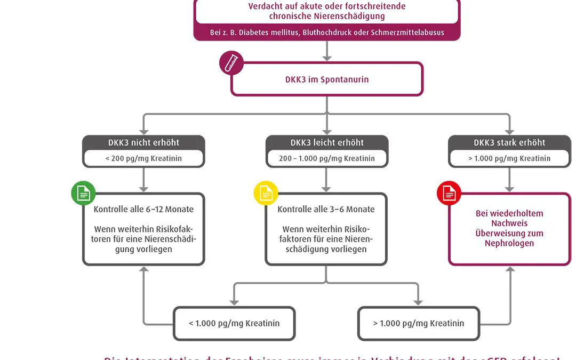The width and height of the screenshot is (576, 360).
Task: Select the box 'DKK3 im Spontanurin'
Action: [326, 79]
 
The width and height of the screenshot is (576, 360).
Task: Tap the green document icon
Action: [83, 193]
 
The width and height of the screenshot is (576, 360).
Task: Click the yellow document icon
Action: [266, 193]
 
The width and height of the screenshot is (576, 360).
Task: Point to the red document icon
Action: [449, 193]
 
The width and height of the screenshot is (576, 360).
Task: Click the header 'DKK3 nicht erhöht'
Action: [143, 142]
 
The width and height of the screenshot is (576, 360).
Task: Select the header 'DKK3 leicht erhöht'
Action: [326, 142]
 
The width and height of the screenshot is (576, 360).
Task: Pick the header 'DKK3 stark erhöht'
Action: [509, 142]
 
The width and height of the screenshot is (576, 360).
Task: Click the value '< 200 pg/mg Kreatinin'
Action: [143, 158]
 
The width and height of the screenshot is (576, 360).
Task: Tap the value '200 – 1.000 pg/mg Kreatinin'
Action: [326, 158]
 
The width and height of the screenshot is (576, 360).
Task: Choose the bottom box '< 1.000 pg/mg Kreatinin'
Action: [234, 323]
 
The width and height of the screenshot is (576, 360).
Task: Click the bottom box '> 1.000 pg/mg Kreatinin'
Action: [419, 323]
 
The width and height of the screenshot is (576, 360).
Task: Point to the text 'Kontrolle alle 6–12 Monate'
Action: [143, 209]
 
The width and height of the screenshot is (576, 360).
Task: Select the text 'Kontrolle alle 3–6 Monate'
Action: [326, 209]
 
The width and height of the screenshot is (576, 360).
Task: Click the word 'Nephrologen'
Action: [509, 243]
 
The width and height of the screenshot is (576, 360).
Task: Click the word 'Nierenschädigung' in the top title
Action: [353, 16]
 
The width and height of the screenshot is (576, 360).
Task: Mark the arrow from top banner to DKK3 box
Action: [327, 51]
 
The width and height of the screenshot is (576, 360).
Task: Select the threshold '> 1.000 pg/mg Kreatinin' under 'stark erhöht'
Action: [509, 158]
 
